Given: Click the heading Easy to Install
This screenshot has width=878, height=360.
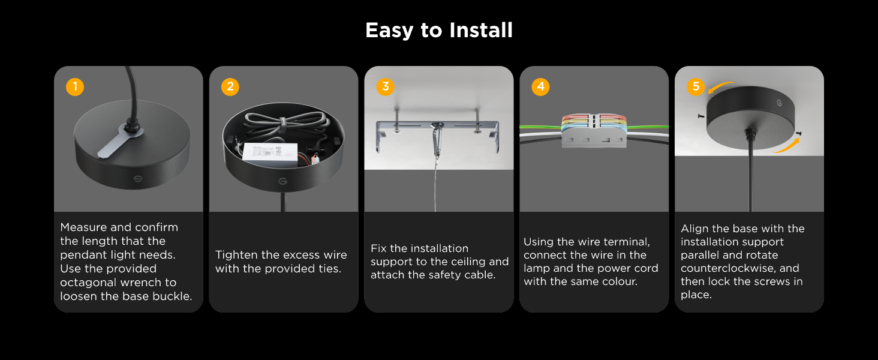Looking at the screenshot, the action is click(439, 31).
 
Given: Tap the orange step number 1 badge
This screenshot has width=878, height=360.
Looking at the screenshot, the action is click(75, 86).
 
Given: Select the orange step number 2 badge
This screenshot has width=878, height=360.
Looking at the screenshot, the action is click(230, 86).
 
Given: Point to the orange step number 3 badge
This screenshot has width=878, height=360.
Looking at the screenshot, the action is click(385, 86).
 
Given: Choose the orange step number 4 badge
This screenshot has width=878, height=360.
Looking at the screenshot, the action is click(540, 86).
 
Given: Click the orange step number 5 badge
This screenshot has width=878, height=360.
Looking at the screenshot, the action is click(696, 86).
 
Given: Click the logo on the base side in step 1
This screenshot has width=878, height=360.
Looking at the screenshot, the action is click(138, 179).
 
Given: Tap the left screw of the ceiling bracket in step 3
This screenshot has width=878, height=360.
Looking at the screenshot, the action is click(396, 122).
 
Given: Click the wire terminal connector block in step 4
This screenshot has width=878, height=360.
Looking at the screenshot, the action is click(594, 131).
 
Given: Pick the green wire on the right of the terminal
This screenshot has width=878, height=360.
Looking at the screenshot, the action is click(648, 127).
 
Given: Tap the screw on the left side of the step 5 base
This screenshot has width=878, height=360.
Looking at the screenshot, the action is click(701, 116).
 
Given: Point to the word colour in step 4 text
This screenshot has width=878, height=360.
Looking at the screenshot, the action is click(620, 281).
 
